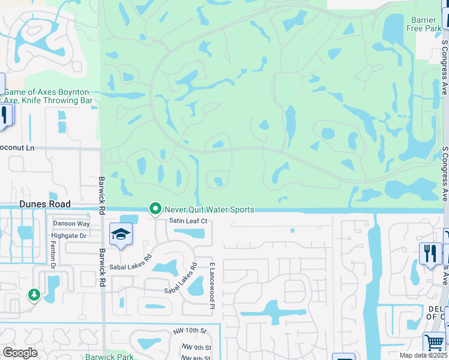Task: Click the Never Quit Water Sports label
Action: (209, 209)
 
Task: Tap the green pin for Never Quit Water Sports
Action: (155, 209)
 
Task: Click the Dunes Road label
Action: (44, 204)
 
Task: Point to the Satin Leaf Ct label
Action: (187, 221)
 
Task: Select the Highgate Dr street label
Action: (69, 236)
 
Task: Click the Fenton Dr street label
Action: (53, 257)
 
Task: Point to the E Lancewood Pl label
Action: (212, 286)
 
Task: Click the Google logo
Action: (20, 353)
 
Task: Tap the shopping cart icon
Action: (433, 343)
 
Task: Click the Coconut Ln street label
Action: (18, 147)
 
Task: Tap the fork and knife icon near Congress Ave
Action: (430, 252)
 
